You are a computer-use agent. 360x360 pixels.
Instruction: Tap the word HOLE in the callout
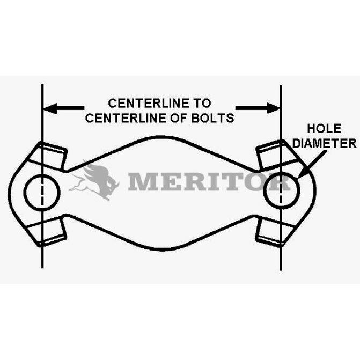click(x=324, y=129)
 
